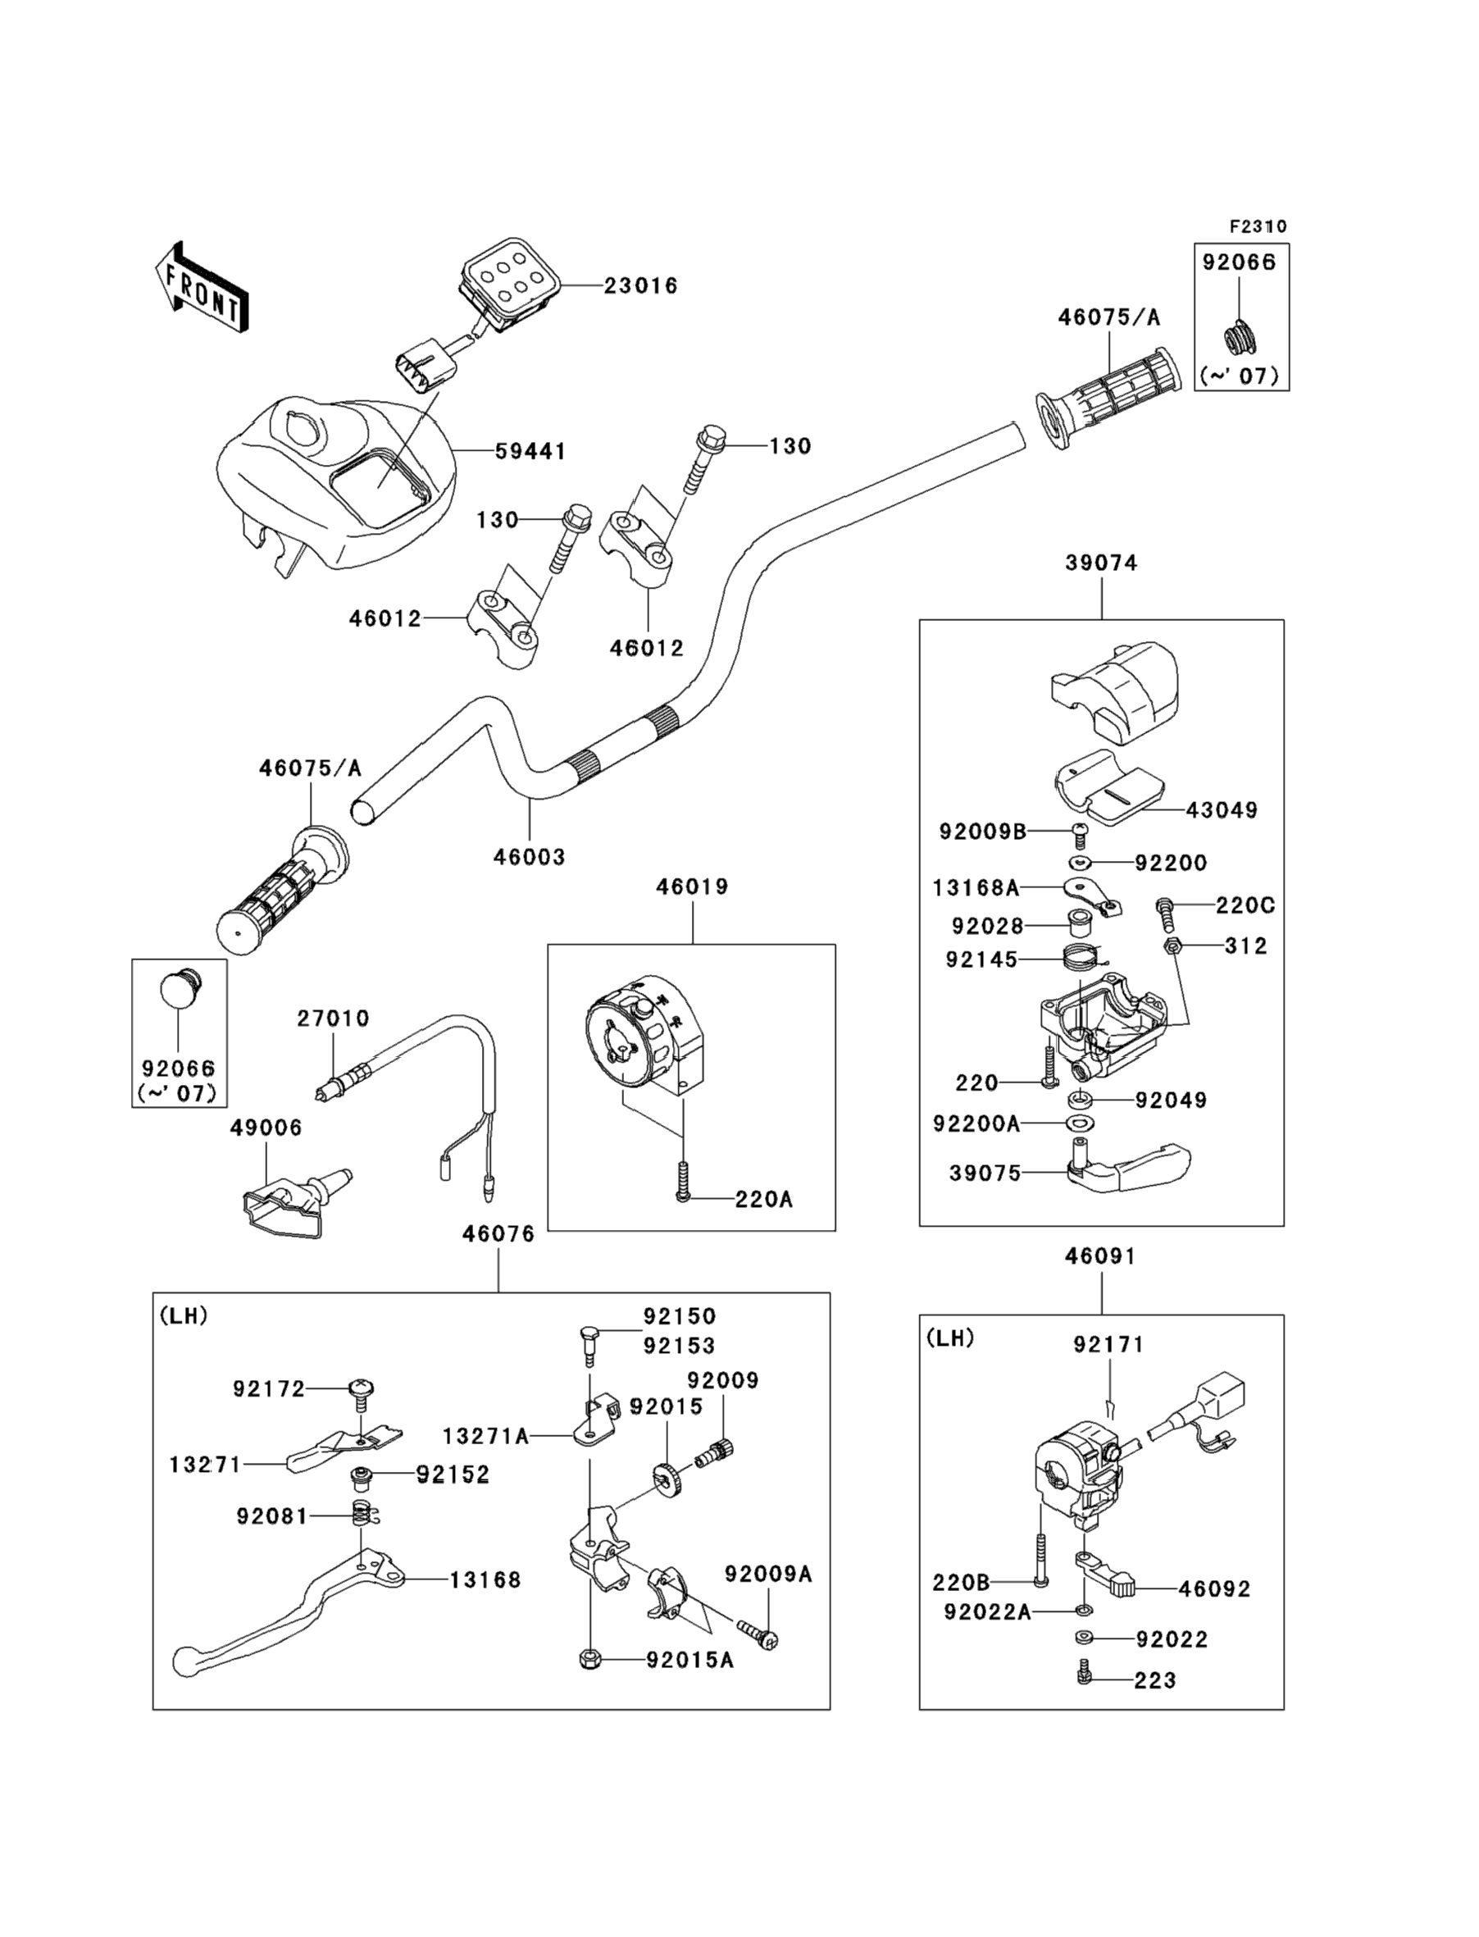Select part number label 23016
coord(640,286)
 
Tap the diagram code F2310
coord(1258,226)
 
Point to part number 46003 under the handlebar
coord(529,857)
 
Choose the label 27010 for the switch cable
coord(333,1019)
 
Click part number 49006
coord(266,1128)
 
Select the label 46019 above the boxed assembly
coord(692,886)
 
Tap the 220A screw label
coord(764,1199)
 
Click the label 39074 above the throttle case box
coord(1101,563)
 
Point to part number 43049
coord(1221,810)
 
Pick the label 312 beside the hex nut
coord(1245,946)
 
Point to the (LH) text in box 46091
coord(951,1338)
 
